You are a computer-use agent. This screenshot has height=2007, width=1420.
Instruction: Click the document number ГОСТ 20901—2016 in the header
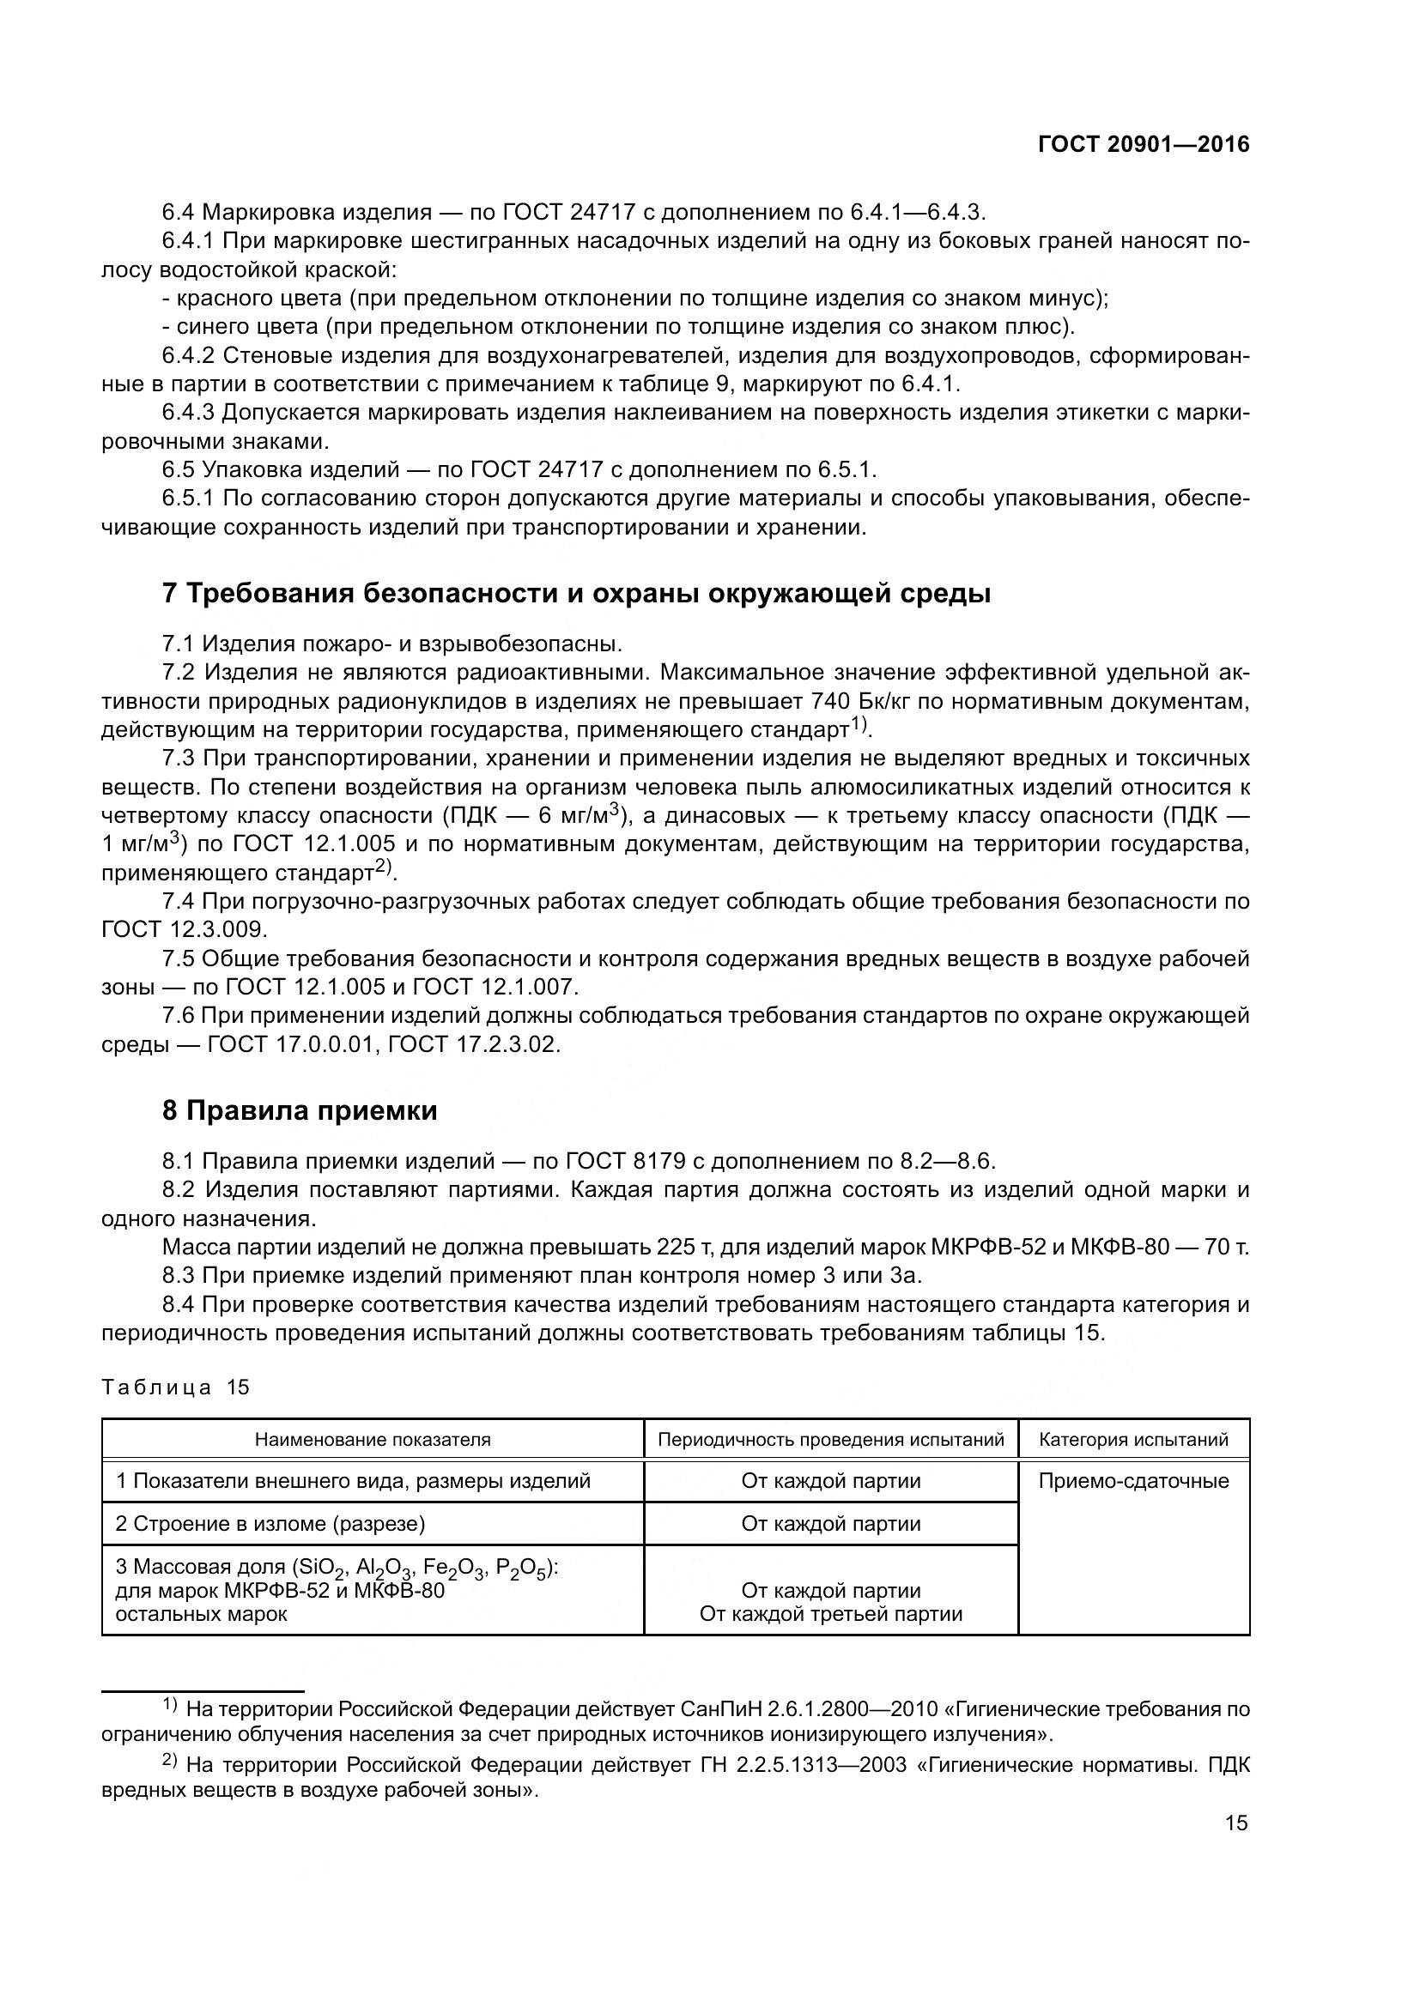1144,145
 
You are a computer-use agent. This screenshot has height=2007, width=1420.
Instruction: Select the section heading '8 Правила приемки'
299,1111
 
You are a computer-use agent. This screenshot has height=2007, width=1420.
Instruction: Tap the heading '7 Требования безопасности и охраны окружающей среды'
576,594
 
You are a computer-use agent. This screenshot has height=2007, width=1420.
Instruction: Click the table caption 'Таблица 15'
176,1388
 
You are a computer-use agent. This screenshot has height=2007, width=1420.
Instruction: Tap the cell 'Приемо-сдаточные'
1133,1482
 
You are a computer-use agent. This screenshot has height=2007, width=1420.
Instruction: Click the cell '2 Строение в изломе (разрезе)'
270,1525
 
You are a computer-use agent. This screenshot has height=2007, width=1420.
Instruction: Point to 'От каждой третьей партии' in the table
831,1615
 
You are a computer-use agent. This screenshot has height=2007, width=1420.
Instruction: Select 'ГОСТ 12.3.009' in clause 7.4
185,929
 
